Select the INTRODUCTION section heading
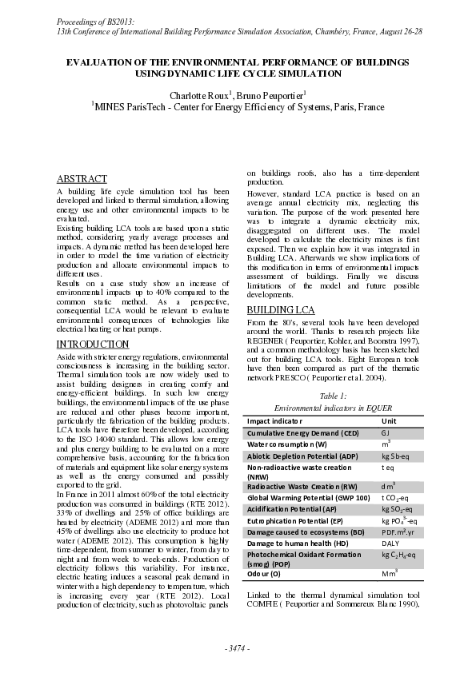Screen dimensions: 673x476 (92, 344)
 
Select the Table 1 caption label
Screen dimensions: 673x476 (333, 396)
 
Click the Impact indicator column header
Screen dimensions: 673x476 (274, 420)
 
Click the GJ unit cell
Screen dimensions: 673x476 (386, 432)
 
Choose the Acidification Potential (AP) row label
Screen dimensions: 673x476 (288, 508)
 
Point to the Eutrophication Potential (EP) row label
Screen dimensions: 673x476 (292, 520)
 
